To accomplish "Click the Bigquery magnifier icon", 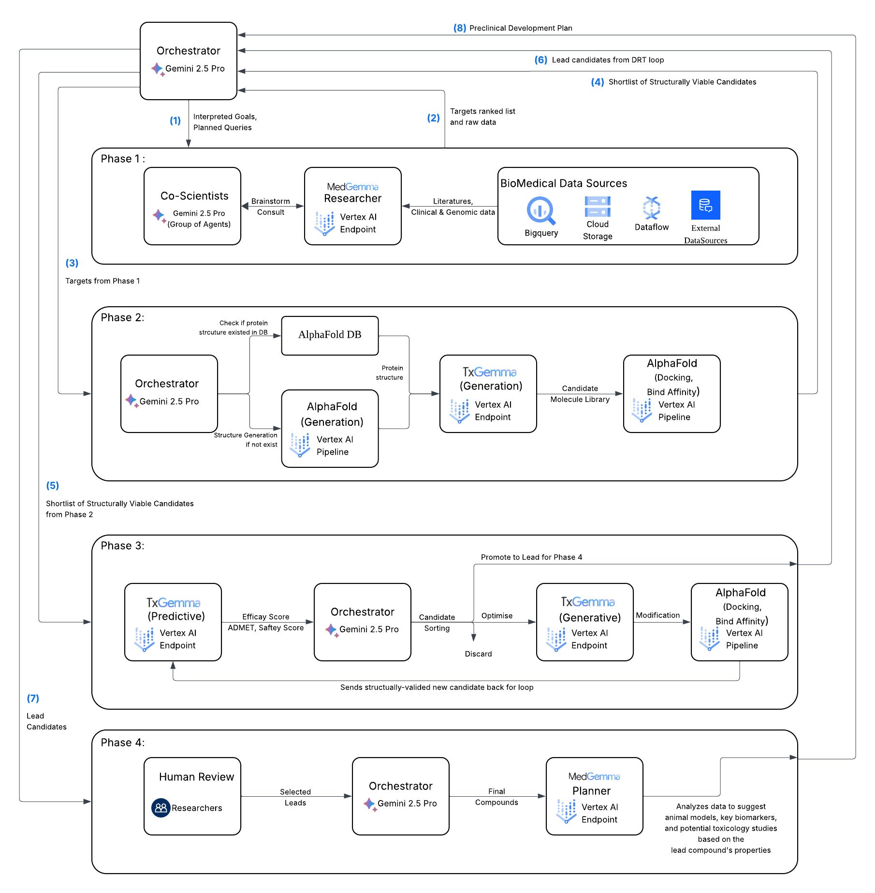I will click(541, 210).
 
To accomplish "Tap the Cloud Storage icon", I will click(598, 207).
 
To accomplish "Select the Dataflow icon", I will click(651, 208).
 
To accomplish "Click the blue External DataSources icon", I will click(705, 205).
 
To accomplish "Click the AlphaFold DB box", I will click(330, 335).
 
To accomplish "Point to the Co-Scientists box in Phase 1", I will click(192, 206).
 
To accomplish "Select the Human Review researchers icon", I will click(160, 807).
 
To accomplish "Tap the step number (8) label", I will click(459, 28).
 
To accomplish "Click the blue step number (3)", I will click(72, 263).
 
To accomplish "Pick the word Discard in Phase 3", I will click(478, 654).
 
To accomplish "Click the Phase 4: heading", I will click(122, 742).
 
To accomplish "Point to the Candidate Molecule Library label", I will click(580, 394).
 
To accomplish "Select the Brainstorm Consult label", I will click(270, 207).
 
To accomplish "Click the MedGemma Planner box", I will click(594, 796).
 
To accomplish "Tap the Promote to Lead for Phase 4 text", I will click(531, 557).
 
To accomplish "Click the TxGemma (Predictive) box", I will click(173, 622).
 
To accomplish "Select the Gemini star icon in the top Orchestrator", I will click(158, 69).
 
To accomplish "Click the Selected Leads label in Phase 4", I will click(295, 797).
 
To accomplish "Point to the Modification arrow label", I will click(657, 615).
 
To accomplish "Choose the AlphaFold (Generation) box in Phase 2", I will click(330, 428).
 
